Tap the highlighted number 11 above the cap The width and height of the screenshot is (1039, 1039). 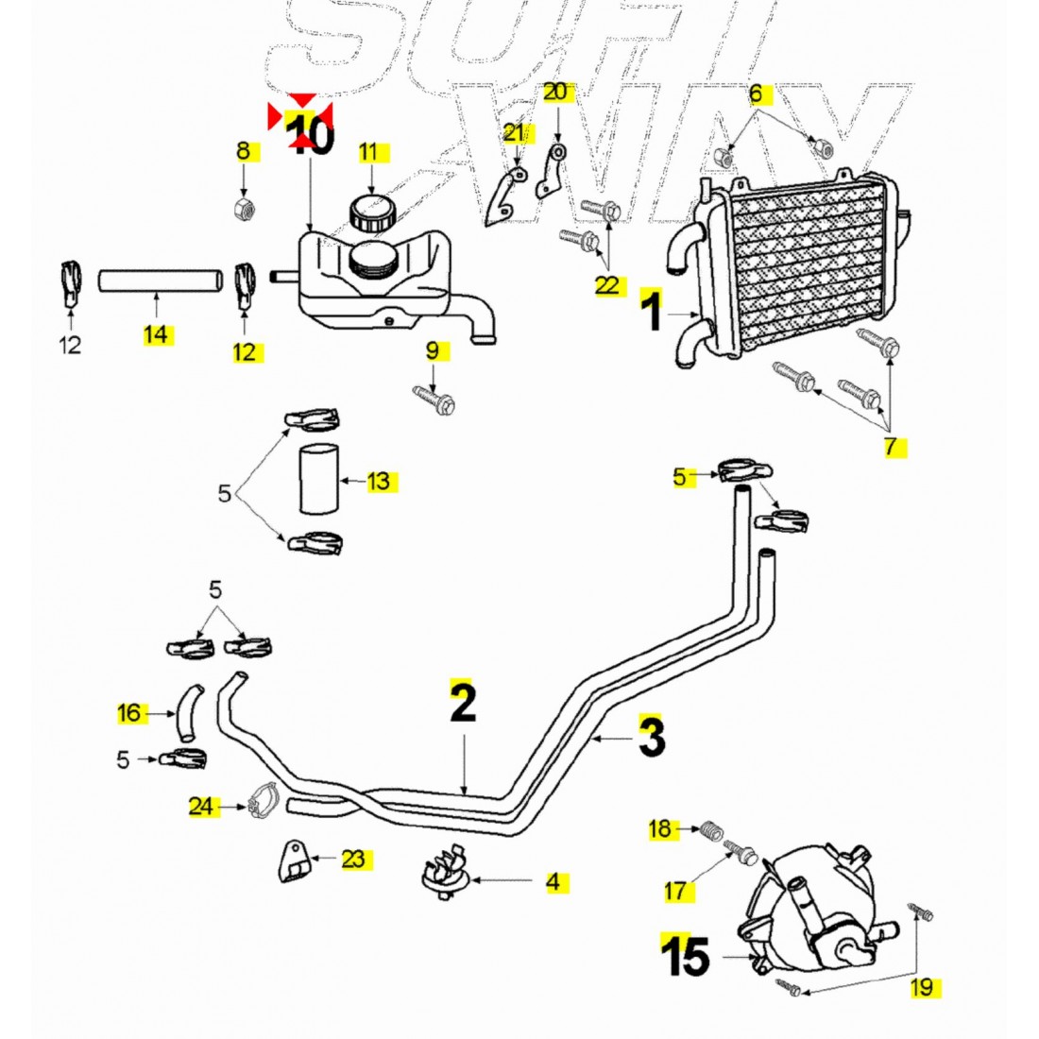tap(368, 152)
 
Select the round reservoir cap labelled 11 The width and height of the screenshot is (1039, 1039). tap(369, 211)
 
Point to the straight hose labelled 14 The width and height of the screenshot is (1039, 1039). tap(158, 280)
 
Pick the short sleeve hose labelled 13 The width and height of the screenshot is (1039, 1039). tap(317, 481)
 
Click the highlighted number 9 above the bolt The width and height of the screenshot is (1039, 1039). tap(433, 351)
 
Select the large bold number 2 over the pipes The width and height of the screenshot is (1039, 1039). tap(462, 702)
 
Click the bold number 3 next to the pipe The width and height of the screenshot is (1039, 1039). tap(652, 737)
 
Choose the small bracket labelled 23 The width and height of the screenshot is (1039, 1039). tap(294, 860)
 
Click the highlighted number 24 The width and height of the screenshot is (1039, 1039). tap(202, 807)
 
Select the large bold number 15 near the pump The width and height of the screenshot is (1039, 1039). tap(686, 958)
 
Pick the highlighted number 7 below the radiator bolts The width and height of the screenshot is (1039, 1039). tap(892, 448)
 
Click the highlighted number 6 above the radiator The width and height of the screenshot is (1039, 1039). tap(756, 94)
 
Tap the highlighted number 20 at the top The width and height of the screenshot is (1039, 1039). tap(556, 92)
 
